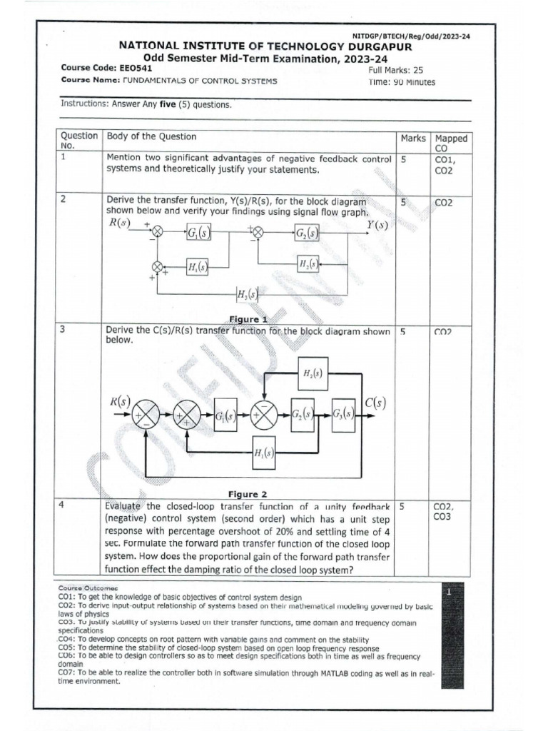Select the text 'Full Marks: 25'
396,71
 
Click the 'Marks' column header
413,138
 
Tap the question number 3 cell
64,331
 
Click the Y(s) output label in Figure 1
377,226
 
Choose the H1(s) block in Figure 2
265,452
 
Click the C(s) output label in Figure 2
375,403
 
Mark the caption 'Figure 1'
247,319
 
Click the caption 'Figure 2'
247,494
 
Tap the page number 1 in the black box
448,593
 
